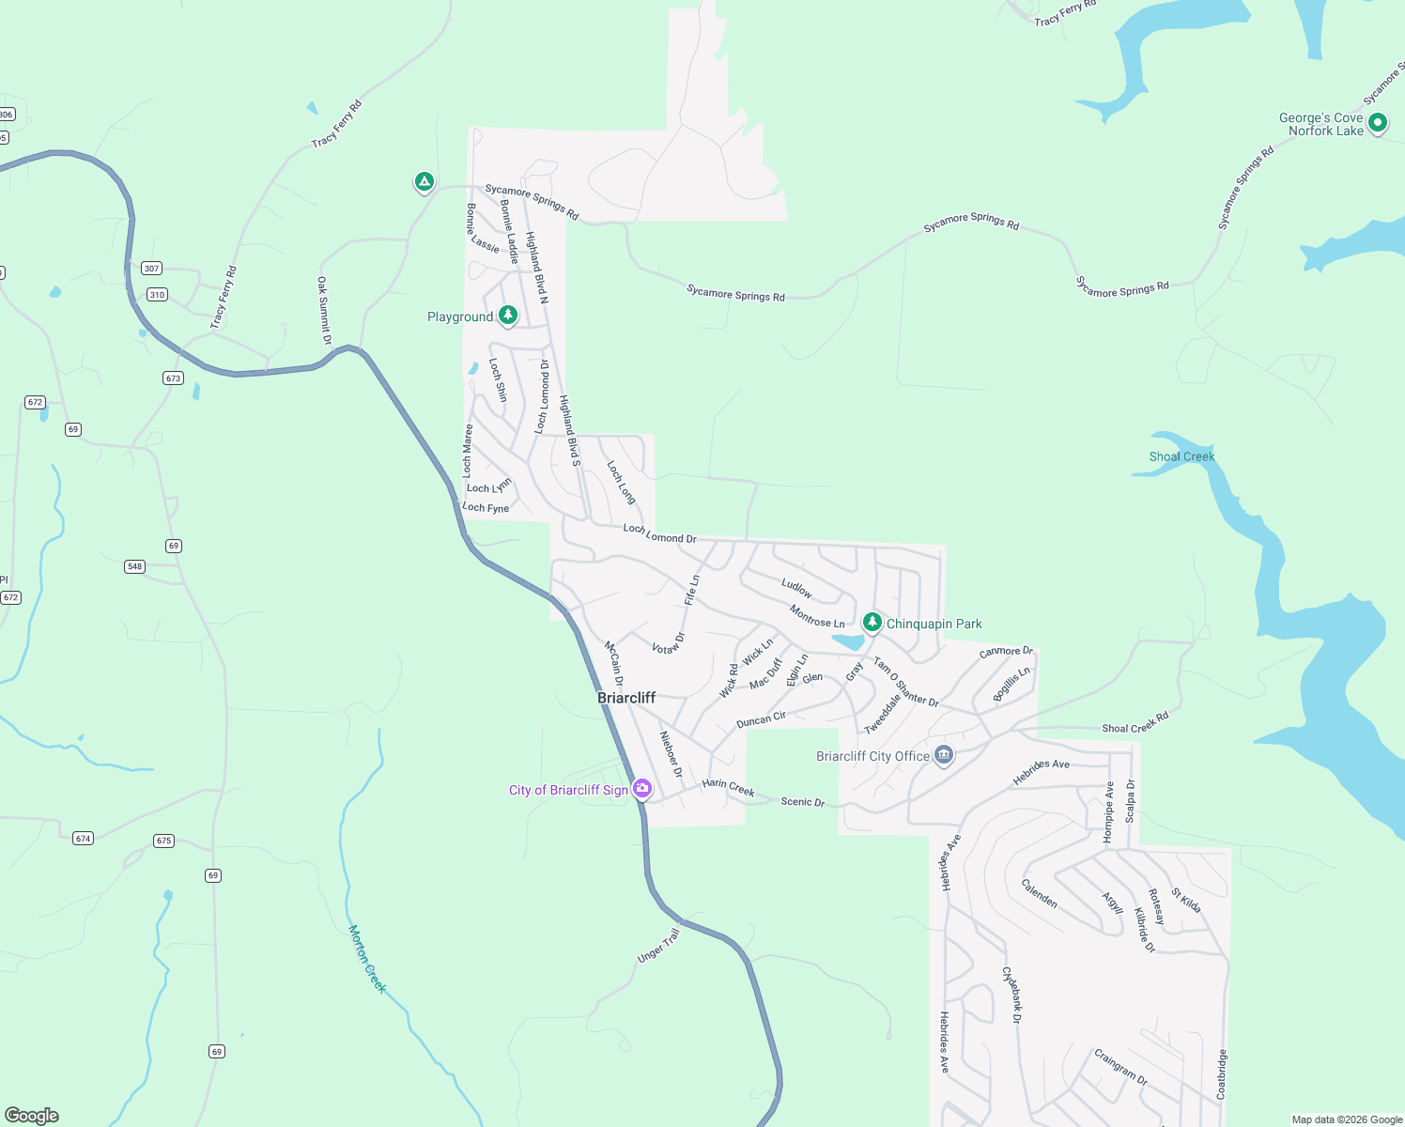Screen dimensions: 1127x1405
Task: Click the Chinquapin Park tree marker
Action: coord(872,622)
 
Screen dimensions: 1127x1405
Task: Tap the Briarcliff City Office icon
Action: coord(944,755)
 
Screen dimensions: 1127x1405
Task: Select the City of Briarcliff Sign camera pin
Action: coord(642,788)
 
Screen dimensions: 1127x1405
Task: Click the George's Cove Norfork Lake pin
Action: coord(1378,122)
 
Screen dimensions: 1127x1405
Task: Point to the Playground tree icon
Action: coord(508,315)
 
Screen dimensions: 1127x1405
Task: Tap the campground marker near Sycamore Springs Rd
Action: coord(425,181)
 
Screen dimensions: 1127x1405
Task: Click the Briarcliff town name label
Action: coord(626,698)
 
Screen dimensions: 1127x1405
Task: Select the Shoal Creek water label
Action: coord(1181,456)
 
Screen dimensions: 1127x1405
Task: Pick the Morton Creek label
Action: coord(367,958)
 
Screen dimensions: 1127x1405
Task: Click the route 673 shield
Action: coord(173,378)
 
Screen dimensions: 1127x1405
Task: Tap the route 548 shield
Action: coord(135,566)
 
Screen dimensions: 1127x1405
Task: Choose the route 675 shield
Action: coord(164,841)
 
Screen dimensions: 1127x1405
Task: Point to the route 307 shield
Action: coord(151,269)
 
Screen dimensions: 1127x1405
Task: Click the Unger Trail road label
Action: coord(658,945)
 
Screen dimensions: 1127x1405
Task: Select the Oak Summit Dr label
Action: coord(324,310)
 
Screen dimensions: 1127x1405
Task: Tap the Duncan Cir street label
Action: coord(761,720)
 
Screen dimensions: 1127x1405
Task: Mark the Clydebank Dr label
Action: coord(1011,995)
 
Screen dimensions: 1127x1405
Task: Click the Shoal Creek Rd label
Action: coord(1135,722)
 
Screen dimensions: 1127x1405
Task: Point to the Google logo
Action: coord(32,1116)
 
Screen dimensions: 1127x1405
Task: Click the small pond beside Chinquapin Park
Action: coord(848,642)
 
